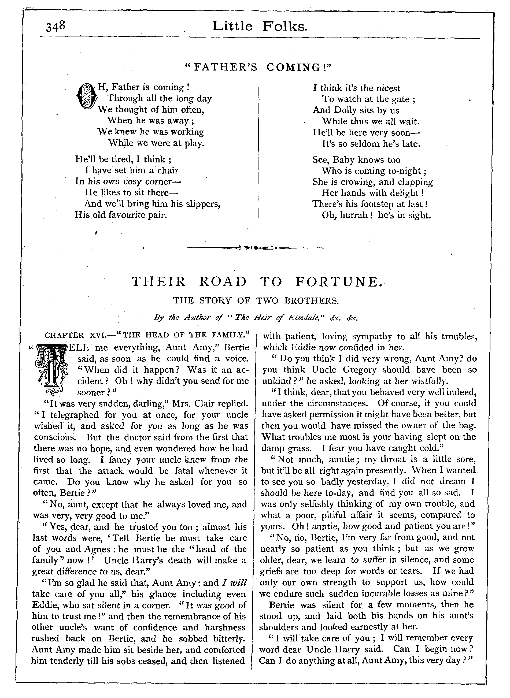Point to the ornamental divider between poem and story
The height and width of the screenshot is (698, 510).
(256, 247)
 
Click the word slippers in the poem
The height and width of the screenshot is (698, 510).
(203, 204)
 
